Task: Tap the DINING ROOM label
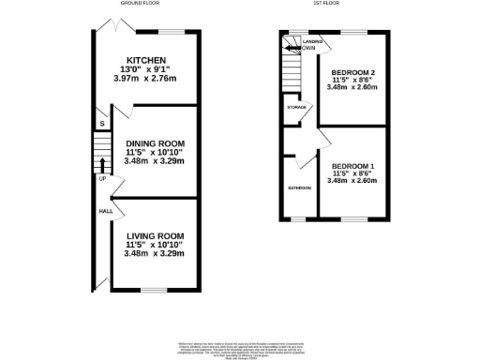point(155,142)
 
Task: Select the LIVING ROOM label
point(155,234)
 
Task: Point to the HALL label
point(105,211)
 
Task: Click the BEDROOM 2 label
point(353,71)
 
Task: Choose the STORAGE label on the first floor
point(298,108)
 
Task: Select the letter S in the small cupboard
point(101,123)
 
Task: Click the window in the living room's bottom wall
point(154,288)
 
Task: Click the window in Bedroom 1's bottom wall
point(352,218)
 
